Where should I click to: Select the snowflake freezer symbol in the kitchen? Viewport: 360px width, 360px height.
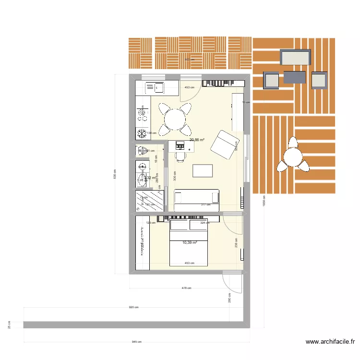coord(142,132)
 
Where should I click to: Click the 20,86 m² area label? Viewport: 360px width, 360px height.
coord(197,140)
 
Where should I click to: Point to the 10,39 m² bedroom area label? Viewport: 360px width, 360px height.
coord(190,243)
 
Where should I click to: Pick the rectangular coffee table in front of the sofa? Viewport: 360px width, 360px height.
coord(202,171)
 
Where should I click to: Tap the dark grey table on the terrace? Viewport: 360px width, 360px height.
coord(294,77)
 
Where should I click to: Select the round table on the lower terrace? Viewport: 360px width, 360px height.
coord(292,157)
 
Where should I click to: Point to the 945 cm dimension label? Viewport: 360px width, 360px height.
coord(136,342)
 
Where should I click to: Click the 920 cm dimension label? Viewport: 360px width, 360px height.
coord(133,307)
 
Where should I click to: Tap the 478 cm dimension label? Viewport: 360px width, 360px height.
coord(186,288)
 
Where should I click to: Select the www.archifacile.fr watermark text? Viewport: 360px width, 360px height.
coord(331,342)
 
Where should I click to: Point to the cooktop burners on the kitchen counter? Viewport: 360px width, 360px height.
coord(143,114)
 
